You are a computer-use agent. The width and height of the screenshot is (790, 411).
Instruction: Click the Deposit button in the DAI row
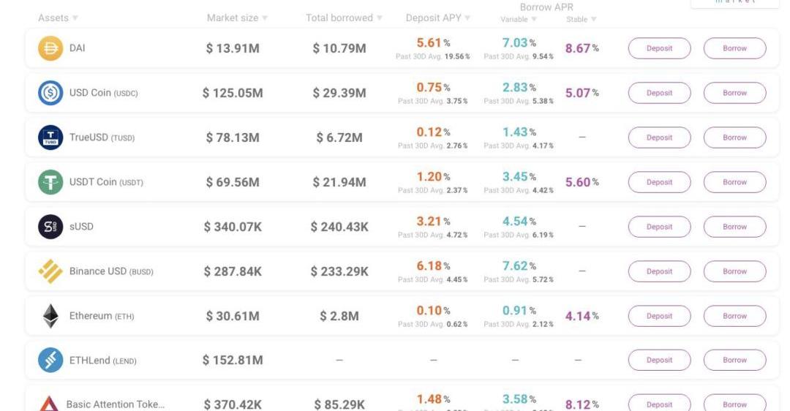pyautogui.click(x=659, y=48)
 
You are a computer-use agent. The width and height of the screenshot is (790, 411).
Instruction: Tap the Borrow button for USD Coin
pyautogui.click(x=734, y=93)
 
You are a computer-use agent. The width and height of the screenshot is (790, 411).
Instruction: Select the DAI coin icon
pyautogui.click(x=50, y=48)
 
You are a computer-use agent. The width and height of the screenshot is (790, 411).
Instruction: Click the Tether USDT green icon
pyautogui.click(x=50, y=182)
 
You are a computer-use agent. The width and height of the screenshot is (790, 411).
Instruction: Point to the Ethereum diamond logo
pyautogui.click(x=50, y=316)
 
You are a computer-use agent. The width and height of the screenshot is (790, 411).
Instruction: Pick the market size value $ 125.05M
pyautogui.click(x=233, y=93)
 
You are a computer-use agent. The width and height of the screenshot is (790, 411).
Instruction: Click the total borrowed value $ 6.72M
pyautogui.click(x=339, y=137)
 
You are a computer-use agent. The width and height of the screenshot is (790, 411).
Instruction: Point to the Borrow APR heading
pyautogui.click(x=546, y=7)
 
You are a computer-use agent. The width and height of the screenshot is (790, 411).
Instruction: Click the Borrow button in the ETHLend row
pyautogui.click(x=734, y=360)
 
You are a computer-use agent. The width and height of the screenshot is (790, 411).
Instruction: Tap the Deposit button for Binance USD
pyautogui.click(x=659, y=271)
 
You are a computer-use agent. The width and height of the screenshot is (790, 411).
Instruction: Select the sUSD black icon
pyautogui.click(x=50, y=227)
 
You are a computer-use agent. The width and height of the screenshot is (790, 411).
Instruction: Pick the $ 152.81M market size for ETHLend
pyautogui.click(x=233, y=360)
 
